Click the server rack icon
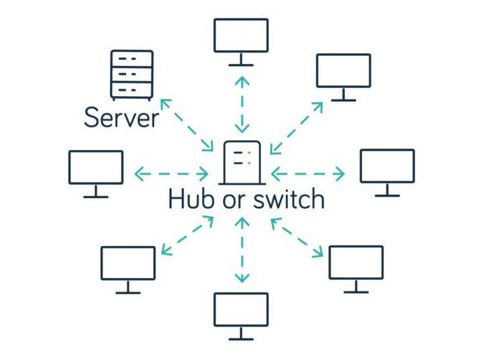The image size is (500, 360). (x=131, y=75)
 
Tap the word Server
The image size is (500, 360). (x=121, y=118)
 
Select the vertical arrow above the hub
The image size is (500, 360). (x=241, y=104)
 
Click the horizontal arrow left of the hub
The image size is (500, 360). (x=171, y=175)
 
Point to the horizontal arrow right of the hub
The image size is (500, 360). (x=308, y=175)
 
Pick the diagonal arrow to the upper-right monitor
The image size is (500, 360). (x=297, y=128)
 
